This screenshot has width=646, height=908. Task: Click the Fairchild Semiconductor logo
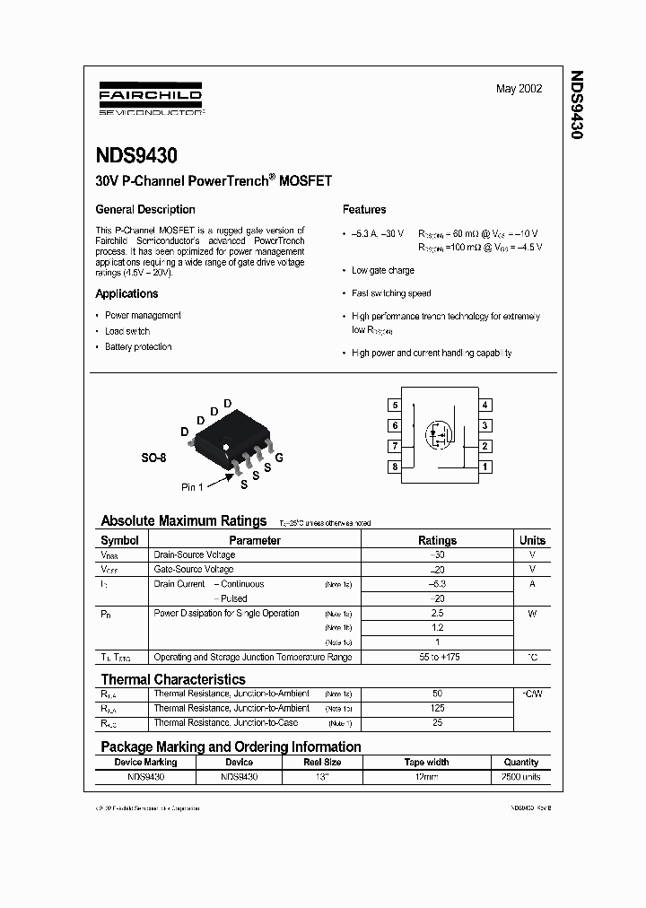[x=149, y=100]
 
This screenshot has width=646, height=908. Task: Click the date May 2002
[x=519, y=90]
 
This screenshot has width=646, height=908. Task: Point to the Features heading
[x=364, y=209]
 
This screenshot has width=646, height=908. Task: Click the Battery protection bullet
[x=138, y=347]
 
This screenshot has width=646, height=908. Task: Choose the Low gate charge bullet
[x=383, y=270]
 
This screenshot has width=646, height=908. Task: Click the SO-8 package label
[x=153, y=458]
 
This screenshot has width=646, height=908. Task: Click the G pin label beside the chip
[x=279, y=458]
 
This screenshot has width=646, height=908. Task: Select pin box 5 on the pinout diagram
[x=395, y=406]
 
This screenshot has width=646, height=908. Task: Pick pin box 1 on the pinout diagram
[x=485, y=467]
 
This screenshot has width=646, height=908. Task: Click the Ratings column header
[x=437, y=540]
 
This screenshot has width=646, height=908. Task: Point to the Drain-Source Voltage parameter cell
[x=195, y=555]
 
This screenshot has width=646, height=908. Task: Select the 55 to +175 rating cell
[x=437, y=658]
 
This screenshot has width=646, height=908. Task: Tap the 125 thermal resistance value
[x=437, y=709]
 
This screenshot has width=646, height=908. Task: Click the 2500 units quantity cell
[x=520, y=778]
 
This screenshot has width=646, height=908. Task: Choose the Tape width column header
[x=426, y=763]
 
